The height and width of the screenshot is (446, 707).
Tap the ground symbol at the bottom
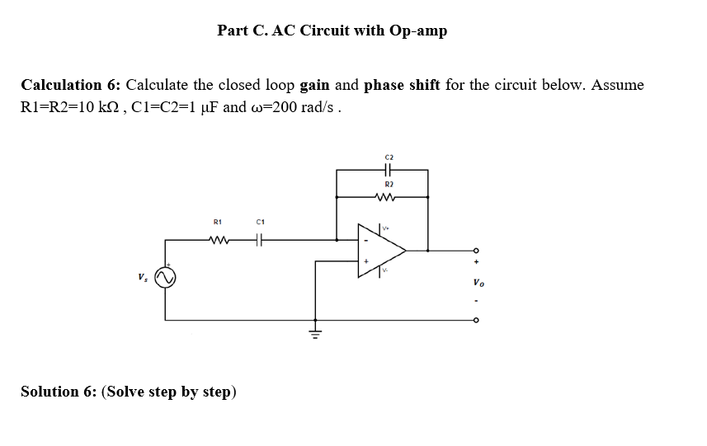tap(313, 332)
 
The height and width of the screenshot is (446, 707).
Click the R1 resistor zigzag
tap(219, 240)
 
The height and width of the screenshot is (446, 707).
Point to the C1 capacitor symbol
tap(259, 240)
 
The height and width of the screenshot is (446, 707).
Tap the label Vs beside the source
tap(143, 278)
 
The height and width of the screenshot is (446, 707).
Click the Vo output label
tap(478, 284)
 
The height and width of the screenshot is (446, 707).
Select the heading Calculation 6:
tap(71, 85)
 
